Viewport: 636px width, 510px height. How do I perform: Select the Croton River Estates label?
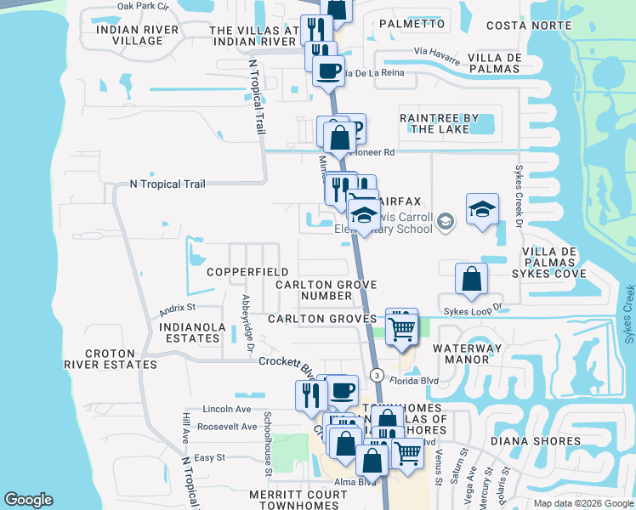122,359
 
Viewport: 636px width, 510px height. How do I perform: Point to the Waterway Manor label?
461,354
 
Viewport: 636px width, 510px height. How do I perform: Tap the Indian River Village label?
138,35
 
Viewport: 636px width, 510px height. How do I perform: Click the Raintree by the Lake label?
440,123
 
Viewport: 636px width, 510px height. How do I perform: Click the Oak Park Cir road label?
144,6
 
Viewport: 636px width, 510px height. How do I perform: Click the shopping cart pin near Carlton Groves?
401,327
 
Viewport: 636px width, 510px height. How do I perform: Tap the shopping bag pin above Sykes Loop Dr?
470,279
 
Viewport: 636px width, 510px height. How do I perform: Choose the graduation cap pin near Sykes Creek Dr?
481,209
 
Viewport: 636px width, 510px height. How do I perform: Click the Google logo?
29,501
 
